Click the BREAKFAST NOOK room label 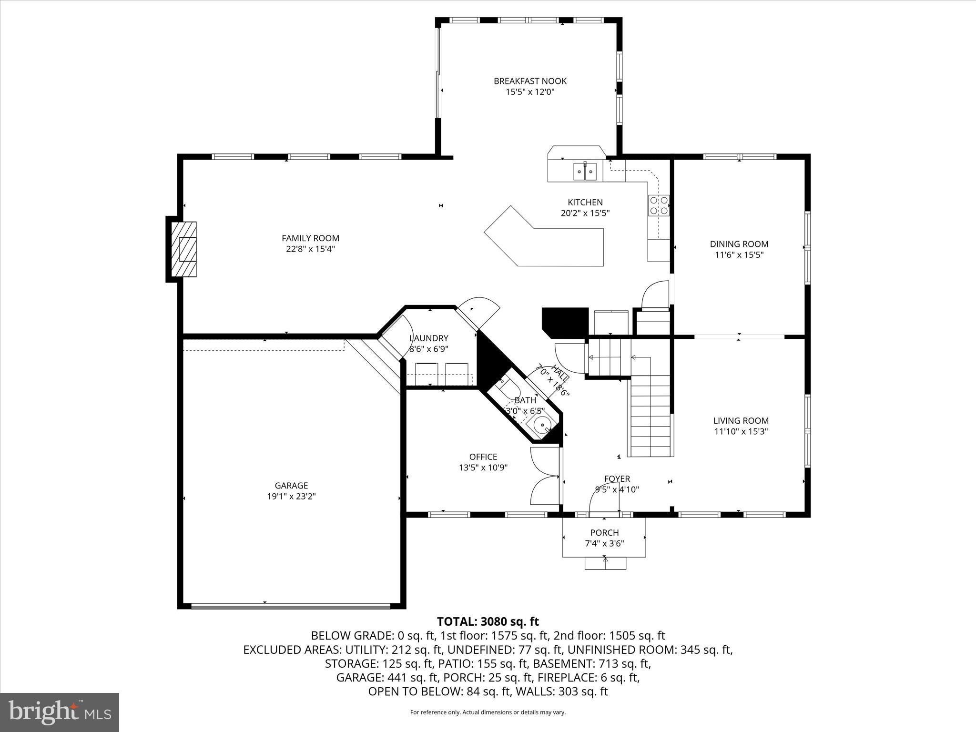pos(530,81)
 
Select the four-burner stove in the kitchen pos(658,205)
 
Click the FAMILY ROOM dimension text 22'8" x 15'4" pos(310,249)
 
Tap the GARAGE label pos(291,485)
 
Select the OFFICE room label pos(483,457)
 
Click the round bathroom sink pos(542,425)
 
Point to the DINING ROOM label pos(739,244)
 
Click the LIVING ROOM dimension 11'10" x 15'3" pos(741,431)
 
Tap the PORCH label pos(604,532)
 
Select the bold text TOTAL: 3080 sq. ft pos(488,621)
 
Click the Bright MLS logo pos(60,712)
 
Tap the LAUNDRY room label pos(429,338)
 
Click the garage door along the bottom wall pos(291,606)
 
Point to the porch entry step pos(605,563)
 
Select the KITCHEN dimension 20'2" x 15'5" pos(585,213)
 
